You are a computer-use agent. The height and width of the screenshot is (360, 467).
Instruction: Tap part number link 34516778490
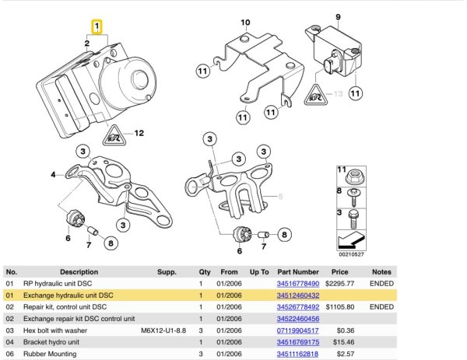coord(298,285)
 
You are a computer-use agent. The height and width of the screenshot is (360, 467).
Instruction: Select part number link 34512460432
coord(298,296)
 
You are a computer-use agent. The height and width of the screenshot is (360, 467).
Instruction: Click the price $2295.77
coord(340,285)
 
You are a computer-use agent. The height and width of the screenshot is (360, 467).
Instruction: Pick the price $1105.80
coord(340,308)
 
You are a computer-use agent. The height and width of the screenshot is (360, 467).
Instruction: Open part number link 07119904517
coord(298,331)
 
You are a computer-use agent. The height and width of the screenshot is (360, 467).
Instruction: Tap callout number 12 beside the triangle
coord(139,134)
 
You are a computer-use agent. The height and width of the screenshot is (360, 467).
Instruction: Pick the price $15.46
coord(340,343)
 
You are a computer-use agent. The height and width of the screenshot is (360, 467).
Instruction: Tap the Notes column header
coord(381,272)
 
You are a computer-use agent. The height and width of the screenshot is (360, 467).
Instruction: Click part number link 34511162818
coord(298,355)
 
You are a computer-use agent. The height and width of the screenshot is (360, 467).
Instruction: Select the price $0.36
coord(340,331)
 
